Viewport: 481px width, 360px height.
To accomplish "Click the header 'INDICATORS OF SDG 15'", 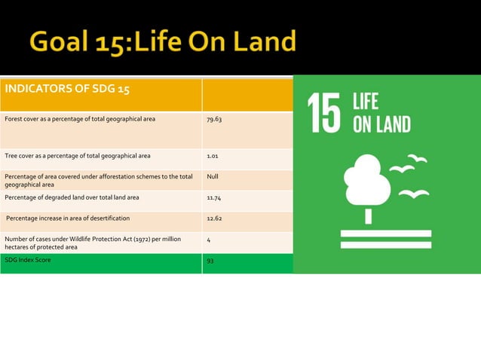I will point(68,90).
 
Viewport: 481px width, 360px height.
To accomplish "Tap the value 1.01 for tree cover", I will point(213,156).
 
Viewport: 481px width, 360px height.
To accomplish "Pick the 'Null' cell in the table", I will point(212,177).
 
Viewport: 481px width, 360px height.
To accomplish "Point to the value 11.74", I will point(215,197).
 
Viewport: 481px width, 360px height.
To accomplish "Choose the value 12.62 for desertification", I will point(215,218).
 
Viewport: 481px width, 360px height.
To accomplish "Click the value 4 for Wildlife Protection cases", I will point(208,239).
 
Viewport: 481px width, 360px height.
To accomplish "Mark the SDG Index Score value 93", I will point(210,261).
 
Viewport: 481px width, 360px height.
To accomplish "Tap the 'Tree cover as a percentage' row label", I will point(77,156).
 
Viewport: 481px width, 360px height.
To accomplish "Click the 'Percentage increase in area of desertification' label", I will point(68,218).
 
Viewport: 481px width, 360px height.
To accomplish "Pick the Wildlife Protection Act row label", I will point(93,243).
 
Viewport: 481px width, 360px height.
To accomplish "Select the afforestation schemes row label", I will point(98,180).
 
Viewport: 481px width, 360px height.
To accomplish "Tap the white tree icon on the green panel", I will point(367,185).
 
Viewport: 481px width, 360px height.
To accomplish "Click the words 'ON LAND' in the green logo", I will point(381,124).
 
